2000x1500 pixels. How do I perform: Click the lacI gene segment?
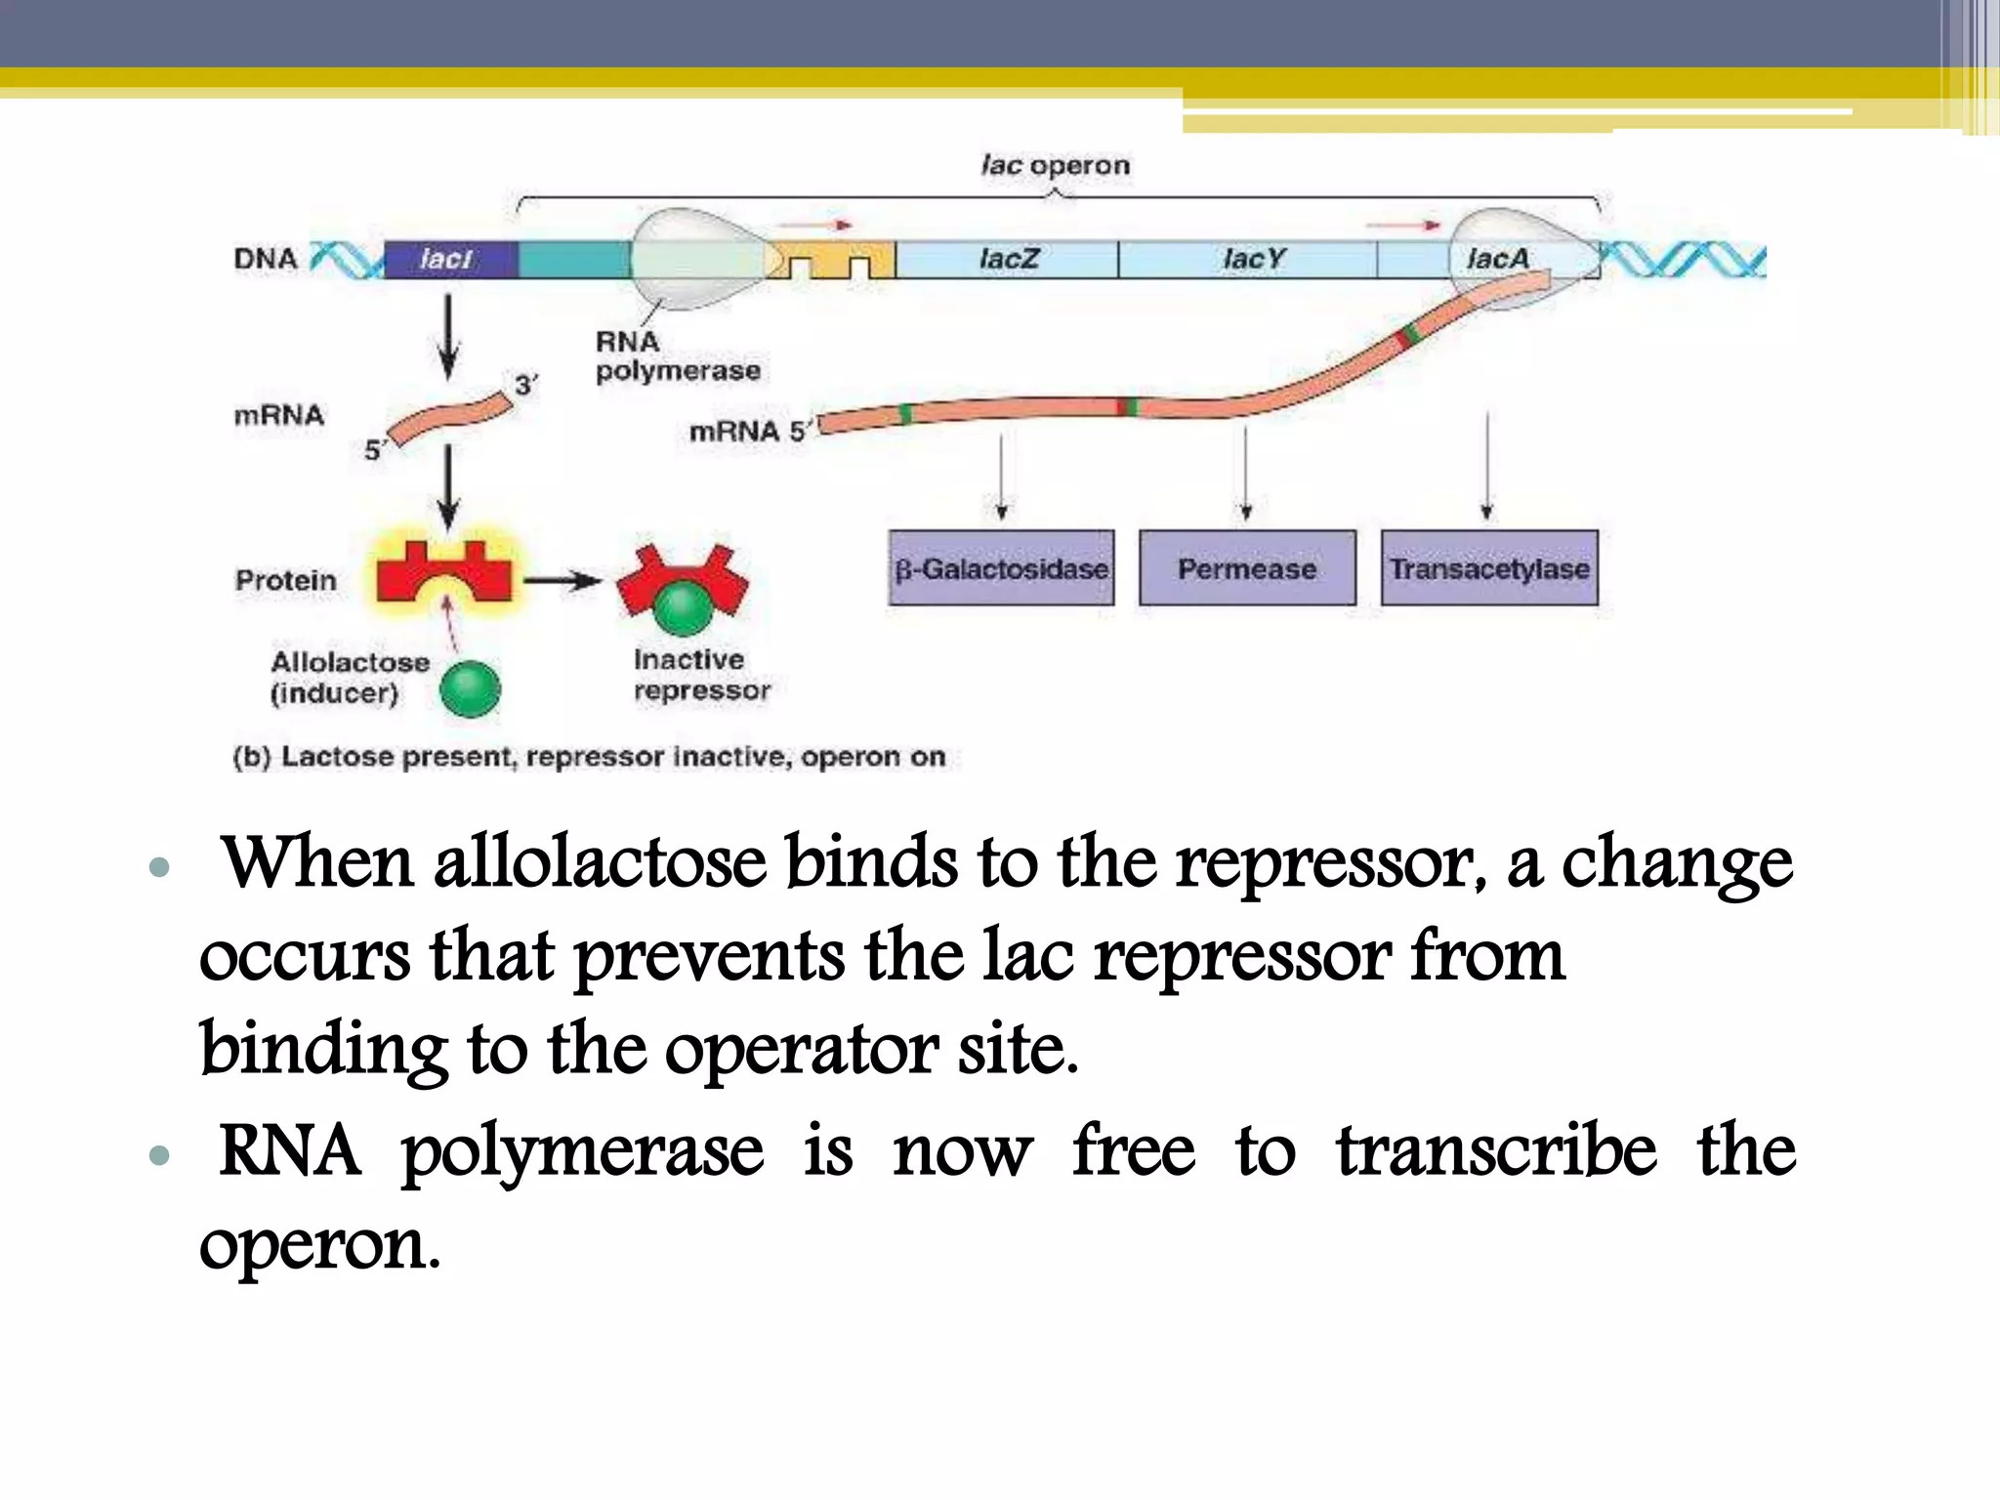pyautogui.click(x=448, y=259)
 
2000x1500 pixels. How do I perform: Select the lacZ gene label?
pyautogui.click(x=1009, y=259)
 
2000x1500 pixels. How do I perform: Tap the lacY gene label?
pyautogui.click(x=1253, y=259)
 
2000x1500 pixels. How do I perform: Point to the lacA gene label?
pyautogui.click(x=1497, y=259)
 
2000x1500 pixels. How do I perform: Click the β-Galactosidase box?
pyautogui.click(x=1001, y=568)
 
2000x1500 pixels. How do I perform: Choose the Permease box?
pyautogui.click(x=1247, y=568)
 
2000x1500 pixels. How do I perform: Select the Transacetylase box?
pyautogui.click(x=1489, y=568)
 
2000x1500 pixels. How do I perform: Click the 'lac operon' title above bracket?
pyautogui.click(x=1055, y=165)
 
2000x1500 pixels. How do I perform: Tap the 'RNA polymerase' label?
pyautogui.click(x=676, y=356)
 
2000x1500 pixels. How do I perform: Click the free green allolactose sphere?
pyautogui.click(x=470, y=688)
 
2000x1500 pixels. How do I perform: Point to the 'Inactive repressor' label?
pyautogui.click(x=700, y=675)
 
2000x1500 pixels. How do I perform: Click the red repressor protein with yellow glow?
pyautogui.click(x=444, y=574)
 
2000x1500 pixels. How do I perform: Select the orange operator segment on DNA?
pyautogui.click(x=831, y=259)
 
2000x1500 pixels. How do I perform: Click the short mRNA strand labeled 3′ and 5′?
pyautogui.click(x=449, y=418)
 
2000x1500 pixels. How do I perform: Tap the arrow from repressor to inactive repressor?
pyautogui.click(x=562, y=581)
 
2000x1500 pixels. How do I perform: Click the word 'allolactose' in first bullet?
pyautogui.click(x=600, y=863)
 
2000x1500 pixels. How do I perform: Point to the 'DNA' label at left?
pyautogui.click(x=265, y=259)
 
